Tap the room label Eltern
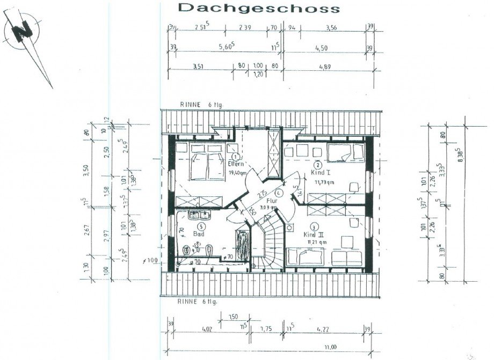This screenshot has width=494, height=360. [x=237, y=164]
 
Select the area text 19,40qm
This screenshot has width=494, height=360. [x=237, y=173]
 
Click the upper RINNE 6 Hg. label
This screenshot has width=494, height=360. [x=200, y=105]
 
